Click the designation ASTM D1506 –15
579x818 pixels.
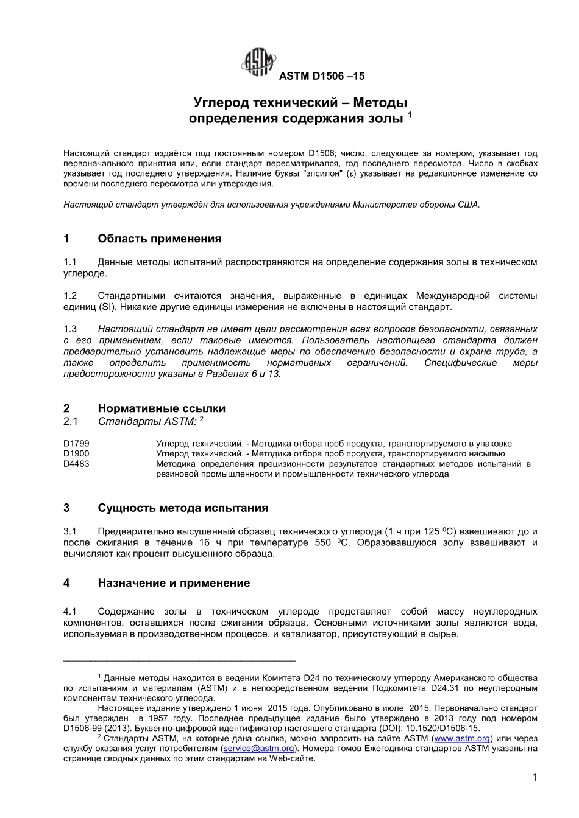tap(321, 76)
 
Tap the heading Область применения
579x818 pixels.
tap(159, 239)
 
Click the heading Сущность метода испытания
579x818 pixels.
tap(182, 508)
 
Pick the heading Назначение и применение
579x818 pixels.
tap(174, 583)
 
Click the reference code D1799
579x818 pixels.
tap(76, 444)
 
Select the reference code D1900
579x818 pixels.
tap(76, 453)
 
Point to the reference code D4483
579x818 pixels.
tap(76, 464)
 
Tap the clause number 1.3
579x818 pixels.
tap(70, 329)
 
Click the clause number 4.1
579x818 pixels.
tap(70, 611)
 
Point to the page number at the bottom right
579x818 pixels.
tap(534, 777)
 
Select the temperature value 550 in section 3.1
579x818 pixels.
tap(323, 543)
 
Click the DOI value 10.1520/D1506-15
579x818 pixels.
tap(443, 729)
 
